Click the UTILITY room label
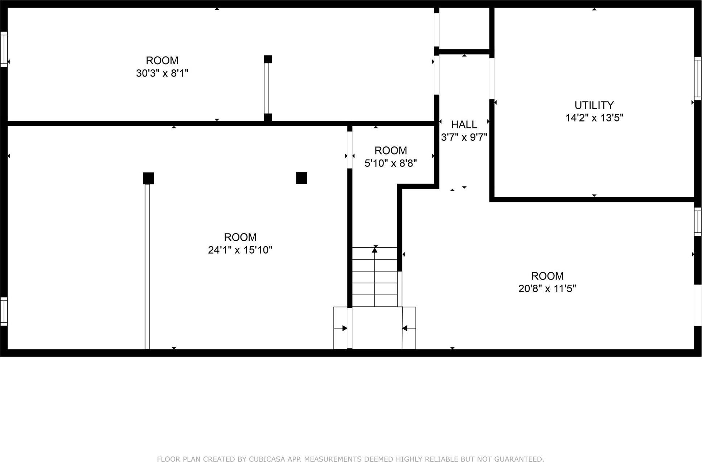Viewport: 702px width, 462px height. (x=594, y=105)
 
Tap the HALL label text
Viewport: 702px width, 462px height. (x=464, y=125)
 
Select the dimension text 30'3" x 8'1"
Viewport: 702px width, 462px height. (x=162, y=73)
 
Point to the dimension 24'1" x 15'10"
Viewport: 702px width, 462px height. (x=240, y=250)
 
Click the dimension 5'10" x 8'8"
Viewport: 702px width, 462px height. (x=390, y=163)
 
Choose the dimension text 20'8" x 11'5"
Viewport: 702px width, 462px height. (x=547, y=289)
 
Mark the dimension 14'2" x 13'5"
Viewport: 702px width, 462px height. (x=594, y=118)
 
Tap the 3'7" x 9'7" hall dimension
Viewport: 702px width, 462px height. (x=464, y=137)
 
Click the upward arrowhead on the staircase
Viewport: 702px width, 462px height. (x=375, y=249)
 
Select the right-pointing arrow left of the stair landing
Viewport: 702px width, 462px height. (x=344, y=328)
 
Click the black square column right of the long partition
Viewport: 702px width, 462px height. (x=301, y=178)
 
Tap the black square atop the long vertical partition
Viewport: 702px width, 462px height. (x=148, y=178)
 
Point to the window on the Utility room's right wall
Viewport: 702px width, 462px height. (x=698, y=78)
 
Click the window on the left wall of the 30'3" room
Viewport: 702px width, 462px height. (x=4, y=49)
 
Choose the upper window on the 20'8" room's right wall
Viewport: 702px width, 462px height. (x=698, y=222)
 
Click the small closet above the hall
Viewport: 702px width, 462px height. (x=464, y=28)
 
